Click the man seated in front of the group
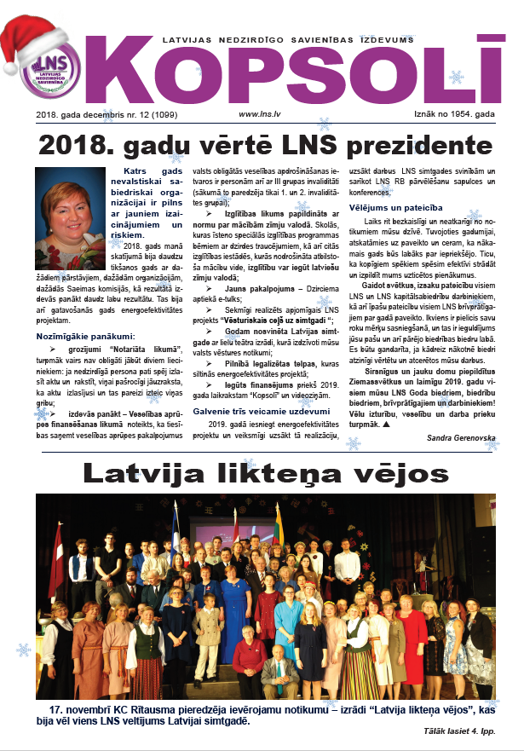pos(277,665)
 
